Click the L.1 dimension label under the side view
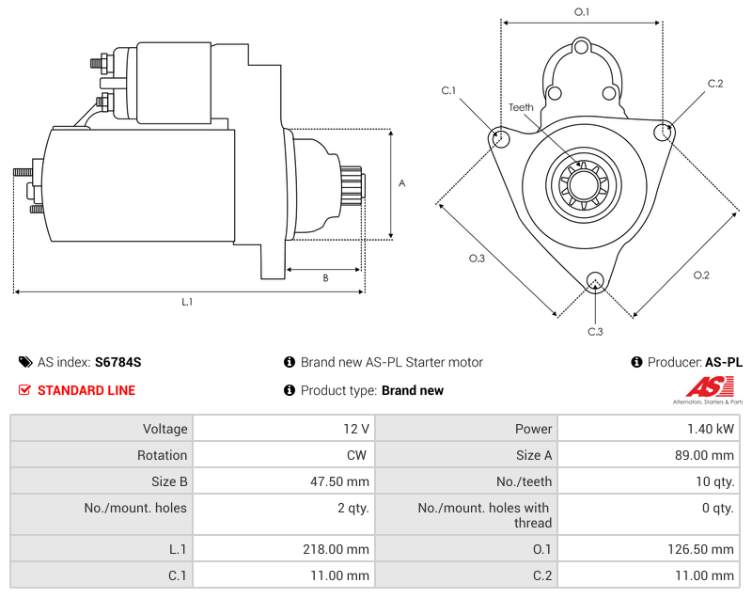[x=187, y=302]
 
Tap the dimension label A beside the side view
[x=401, y=183]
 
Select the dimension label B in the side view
[x=325, y=277]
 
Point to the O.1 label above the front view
[x=582, y=12]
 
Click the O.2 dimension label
[x=701, y=275]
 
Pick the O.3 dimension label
[x=477, y=259]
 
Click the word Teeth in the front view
[x=521, y=107]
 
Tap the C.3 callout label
[x=595, y=331]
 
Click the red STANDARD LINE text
[x=86, y=390]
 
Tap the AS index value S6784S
[x=118, y=362]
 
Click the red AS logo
[x=704, y=386]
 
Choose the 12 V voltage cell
[x=356, y=429]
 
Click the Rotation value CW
[x=359, y=455]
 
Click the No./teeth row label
[x=523, y=481]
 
